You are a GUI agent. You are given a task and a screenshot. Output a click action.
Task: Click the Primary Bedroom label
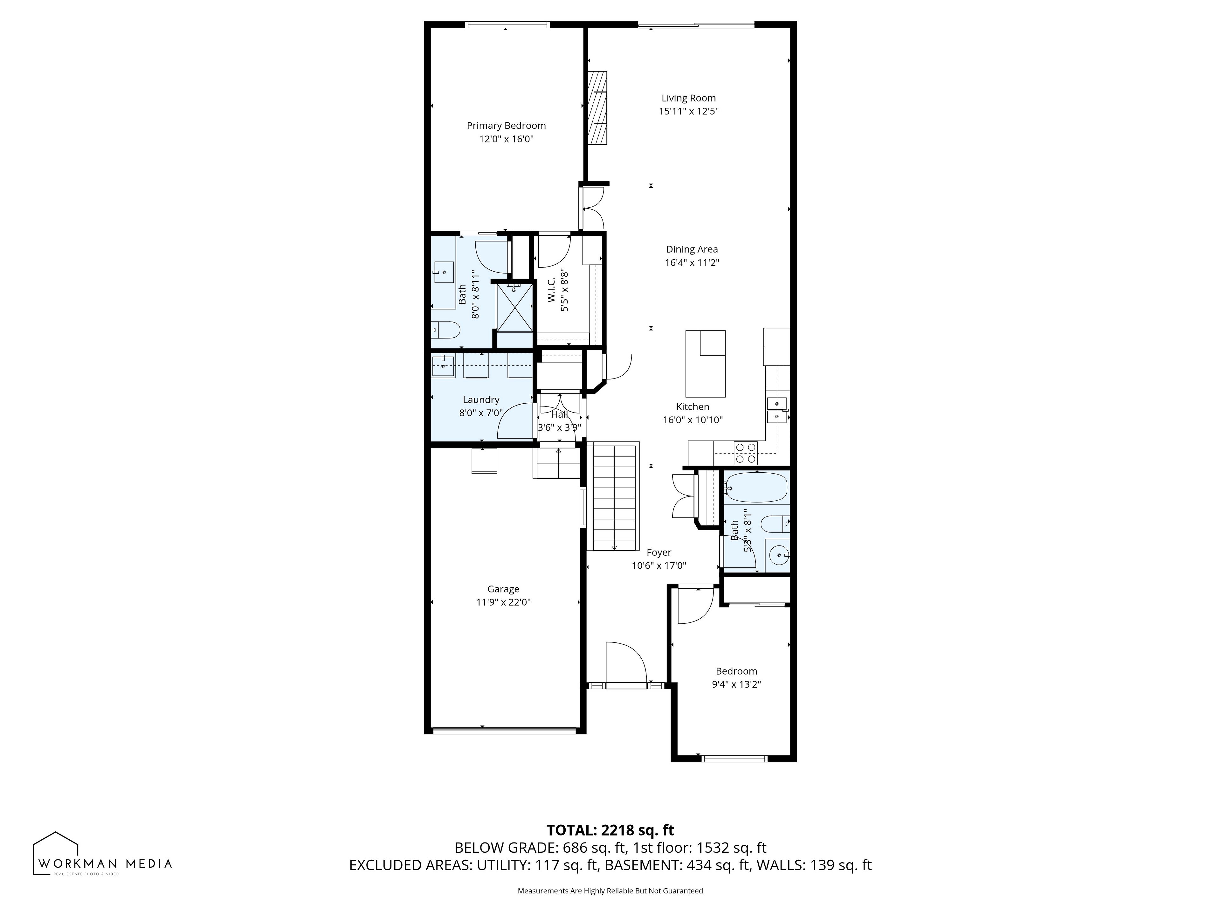pos(506,126)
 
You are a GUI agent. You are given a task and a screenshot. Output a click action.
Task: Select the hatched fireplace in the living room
pos(597,108)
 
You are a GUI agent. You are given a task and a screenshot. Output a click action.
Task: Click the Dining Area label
pos(692,250)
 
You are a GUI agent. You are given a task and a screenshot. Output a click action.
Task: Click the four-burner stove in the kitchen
pos(745,453)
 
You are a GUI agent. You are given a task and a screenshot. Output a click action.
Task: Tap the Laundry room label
pos(481,400)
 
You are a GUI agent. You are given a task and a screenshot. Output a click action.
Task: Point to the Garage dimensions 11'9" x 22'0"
pos(503,602)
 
